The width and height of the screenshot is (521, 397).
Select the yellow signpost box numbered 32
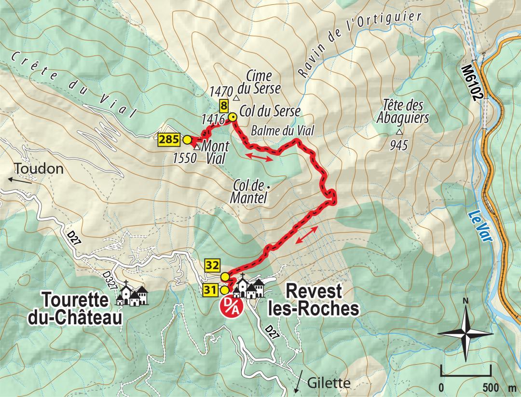pos(212,265)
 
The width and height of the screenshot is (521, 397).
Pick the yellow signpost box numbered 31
pos(210,290)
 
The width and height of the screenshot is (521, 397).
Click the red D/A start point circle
pos(230,306)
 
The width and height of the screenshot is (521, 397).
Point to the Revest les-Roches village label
pos(314,300)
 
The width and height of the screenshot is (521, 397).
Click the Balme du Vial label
pos(283,130)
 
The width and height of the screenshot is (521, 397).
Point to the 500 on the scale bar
pos(490,387)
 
